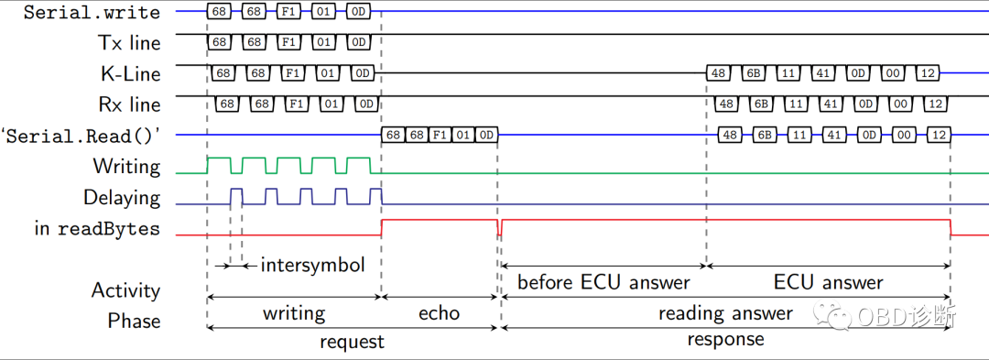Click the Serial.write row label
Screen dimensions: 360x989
(92, 13)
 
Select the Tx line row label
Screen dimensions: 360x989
(128, 43)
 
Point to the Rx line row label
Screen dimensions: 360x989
(127, 104)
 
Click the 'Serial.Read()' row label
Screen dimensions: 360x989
(86, 136)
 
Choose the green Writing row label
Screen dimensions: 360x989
(126, 167)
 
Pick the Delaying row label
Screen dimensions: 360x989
(121, 198)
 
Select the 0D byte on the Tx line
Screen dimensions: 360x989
(358, 42)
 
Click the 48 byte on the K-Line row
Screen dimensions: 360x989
(718, 73)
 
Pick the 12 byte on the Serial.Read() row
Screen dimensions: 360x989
(938, 136)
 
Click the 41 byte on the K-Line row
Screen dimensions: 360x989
(822, 73)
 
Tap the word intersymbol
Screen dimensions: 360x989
(312, 266)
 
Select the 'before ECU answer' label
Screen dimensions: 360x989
(603, 282)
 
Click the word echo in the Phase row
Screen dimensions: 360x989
(439, 313)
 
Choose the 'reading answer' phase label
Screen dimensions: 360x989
(725, 313)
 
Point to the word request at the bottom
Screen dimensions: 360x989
(352, 342)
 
